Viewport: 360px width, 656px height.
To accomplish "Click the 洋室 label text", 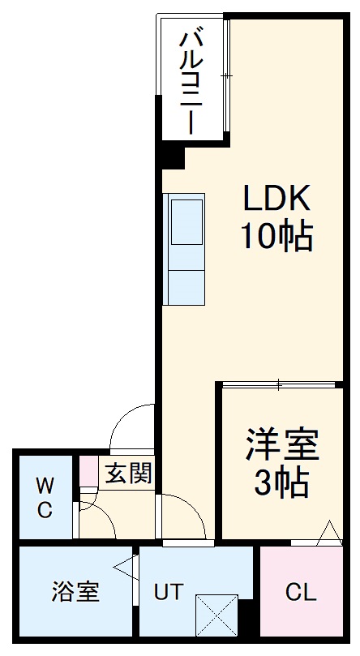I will coord(282,445).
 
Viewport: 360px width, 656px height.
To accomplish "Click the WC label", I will coord(45,498).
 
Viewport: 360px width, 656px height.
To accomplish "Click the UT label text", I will coord(169,592).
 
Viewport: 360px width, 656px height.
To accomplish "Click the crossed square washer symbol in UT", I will coord(216,615).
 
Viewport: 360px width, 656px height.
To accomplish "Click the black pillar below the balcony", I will coord(169,153).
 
